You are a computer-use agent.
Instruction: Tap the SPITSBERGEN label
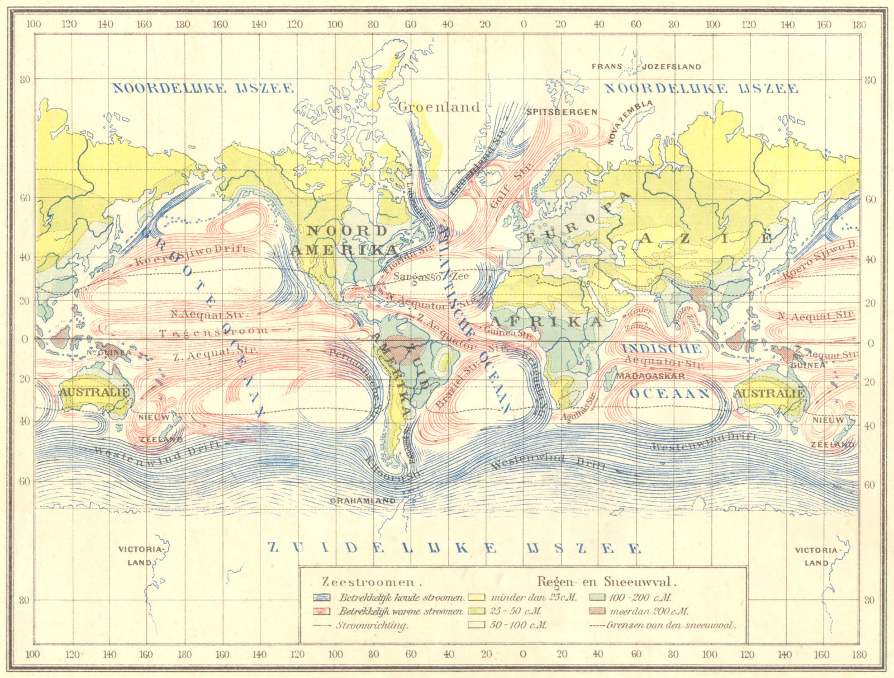pos(562,112)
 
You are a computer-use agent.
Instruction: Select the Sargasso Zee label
pos(431,276)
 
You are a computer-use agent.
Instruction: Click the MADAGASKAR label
pos(650,376)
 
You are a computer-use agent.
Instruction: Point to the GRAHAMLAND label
pos(363,501)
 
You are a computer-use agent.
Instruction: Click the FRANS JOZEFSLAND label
pos(646,66)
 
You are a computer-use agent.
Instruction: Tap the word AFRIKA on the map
pos(546,321)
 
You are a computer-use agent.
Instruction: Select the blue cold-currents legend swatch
pos(322,597)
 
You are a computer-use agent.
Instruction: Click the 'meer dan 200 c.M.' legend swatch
pos(598,611)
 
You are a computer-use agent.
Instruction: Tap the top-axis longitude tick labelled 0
pos(523,24)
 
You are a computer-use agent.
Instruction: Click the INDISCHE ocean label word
pos(662,349)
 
